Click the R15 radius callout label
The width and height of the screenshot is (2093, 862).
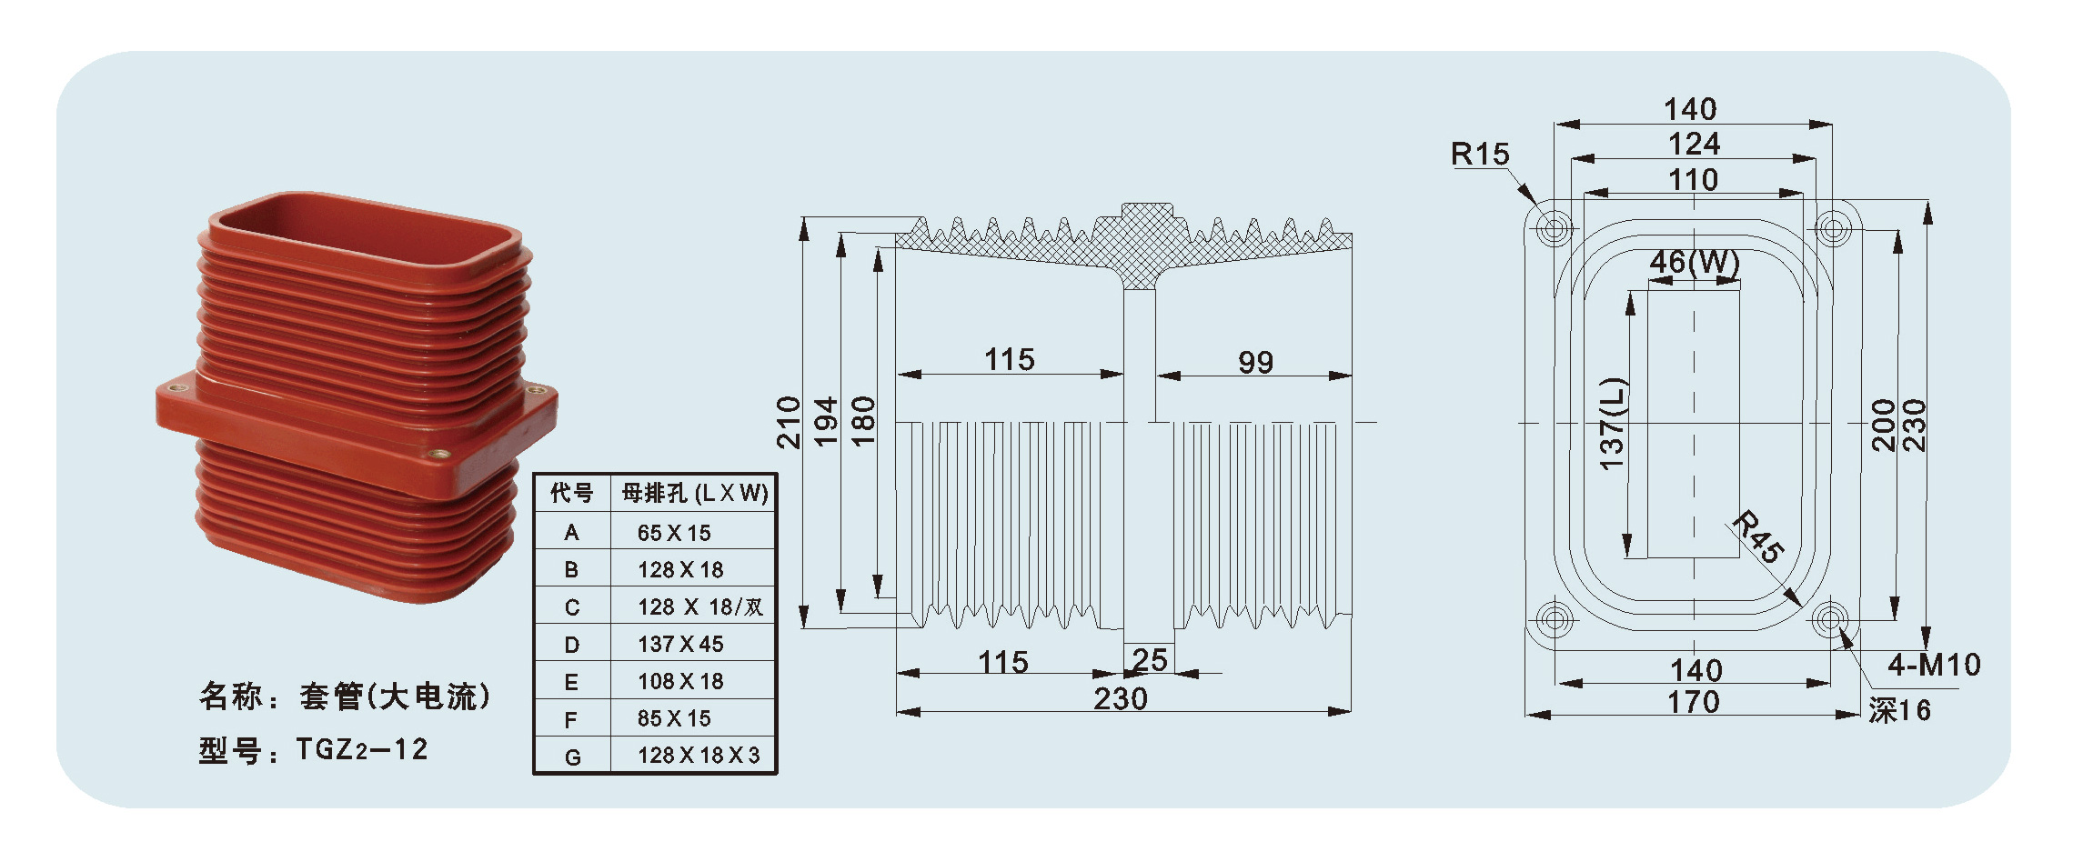(x=1479, y=155)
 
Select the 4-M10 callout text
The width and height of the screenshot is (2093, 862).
(x=1934, y=665)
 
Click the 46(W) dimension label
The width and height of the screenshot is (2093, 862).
(x=1694, y=263)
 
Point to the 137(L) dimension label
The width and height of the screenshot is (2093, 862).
(x=1612, y=423)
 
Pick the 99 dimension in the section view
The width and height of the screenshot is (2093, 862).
(x=1255, y=363)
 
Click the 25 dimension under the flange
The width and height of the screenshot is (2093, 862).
(x=1150, y=659)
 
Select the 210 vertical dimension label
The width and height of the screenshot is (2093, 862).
(x=789, y=422)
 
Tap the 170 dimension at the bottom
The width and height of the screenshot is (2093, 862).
(x=1693, y=702)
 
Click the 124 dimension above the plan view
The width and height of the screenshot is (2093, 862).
(x=1694, y=144)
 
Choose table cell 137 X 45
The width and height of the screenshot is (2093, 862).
(x=680, y=644)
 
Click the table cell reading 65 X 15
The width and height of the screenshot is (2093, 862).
(x=674, y=533)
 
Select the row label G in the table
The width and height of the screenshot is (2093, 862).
(x=572, y=757)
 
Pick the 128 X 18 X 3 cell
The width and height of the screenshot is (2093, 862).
(x=699, y=756)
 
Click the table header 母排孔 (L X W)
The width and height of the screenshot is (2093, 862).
(x=695, y=493)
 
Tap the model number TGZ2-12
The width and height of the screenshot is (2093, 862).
(x=362, y=749)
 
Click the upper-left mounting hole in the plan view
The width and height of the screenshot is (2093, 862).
(x=1555, y=227)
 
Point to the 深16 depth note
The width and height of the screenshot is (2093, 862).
(x=1899, y=710)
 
